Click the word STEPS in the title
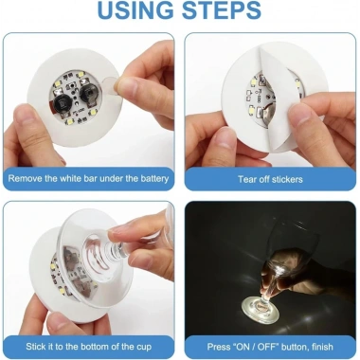[225, 12]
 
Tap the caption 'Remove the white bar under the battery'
[88, 178]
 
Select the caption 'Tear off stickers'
[271, 178]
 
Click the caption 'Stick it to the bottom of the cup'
[88, 345]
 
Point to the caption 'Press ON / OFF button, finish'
[271, 345]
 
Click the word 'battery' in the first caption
[151, 178]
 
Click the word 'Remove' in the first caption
[30, 178]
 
